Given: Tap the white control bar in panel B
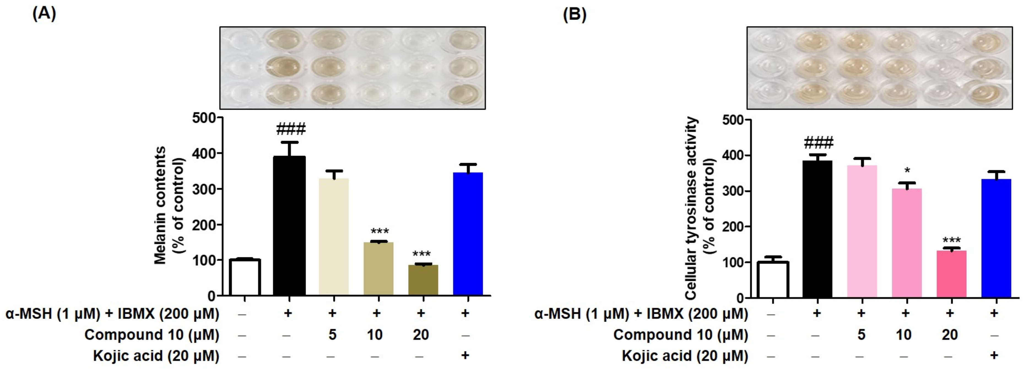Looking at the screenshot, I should tap(772, 279).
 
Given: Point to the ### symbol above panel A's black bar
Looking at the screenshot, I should tap(291, 129).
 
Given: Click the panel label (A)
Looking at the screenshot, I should tap(44, 14).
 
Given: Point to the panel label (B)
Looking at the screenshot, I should tap(574, 15).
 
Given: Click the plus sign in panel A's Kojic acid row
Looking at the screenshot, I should tap(465, 355).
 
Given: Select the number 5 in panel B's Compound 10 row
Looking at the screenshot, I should tap(861, 334).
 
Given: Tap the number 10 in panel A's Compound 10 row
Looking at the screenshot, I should tap(375, 334).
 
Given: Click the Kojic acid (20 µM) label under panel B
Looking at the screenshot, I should tap(685, 356).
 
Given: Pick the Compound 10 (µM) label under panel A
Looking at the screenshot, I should tap(152, 335).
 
